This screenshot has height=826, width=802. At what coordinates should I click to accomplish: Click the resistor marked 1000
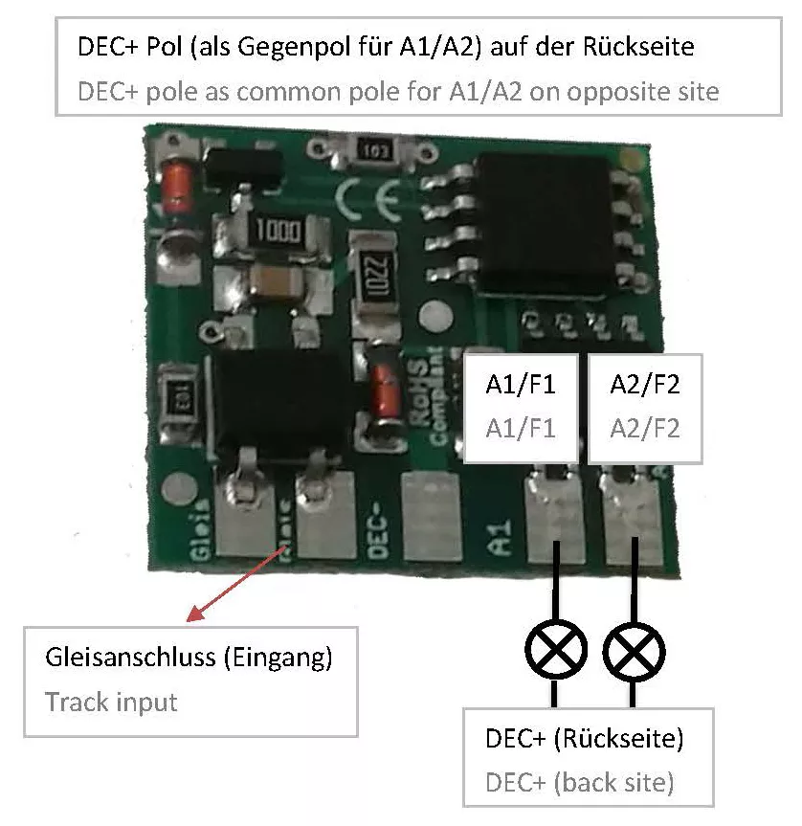[x=278, y=231]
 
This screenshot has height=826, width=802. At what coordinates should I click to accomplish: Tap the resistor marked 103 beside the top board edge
[x=373, y=150]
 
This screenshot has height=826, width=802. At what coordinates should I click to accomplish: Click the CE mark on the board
[x=368, y=199]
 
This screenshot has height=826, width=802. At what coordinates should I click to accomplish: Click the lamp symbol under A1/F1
[x=555, y=650]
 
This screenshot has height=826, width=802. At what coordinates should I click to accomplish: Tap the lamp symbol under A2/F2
[x=634, y=651]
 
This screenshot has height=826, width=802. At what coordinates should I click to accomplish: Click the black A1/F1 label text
[x=521, y=385]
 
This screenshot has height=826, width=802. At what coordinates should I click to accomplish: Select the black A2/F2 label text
[x=644, y=385]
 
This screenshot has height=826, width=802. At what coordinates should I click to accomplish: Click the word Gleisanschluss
[x=130, y=658]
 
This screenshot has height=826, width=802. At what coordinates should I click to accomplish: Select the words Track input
[x=111, y=703]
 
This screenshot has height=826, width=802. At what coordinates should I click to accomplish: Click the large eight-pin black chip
[x=544, y=226]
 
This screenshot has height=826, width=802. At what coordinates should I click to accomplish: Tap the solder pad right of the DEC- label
[x=432, y=515]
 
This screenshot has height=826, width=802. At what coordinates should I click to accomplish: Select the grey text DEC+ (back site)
[x=580, y=782]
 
